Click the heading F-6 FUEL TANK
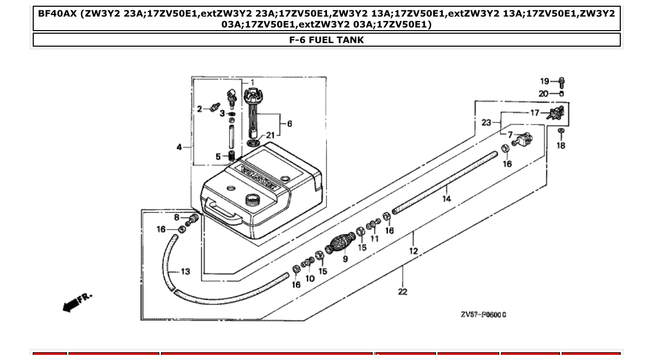pos(326,40)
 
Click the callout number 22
pos(403,292)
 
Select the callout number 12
pos(413,251)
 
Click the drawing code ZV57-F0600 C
pos(483,315)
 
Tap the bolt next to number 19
pos(562,82)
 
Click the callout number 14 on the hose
pos(446,199)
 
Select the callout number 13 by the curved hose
pos(185,272)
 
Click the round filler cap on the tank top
pos(252,198)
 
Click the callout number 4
pos(179,147)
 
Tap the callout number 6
pos(289,123)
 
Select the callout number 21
pos(270,135)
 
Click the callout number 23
pos(486,122)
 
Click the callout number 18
pos(561,146)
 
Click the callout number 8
pos(176,217)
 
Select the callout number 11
pos(374,239)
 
